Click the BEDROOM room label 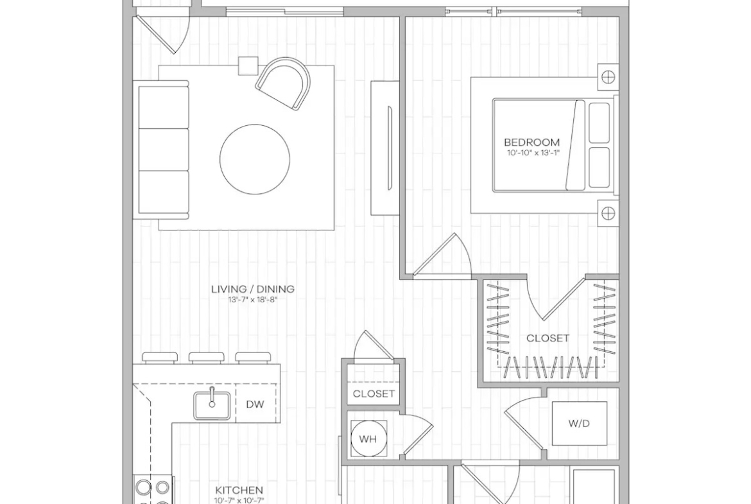(x=531, y=143)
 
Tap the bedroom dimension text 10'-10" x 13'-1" (x=533, y=153)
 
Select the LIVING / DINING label (x=253, y=289)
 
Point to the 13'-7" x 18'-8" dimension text (x=253, y=300)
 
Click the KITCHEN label (x=239, y=490)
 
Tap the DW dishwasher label (x=255, y=404)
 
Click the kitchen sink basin (x=212, y=405)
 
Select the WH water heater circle (x=368, y=439)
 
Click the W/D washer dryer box (x=580, y=424)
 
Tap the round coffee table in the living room (x=255, y=159)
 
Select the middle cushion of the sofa (x=163, y=149)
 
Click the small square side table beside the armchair (x=248, y=66)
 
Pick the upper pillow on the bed (x=599, y=123)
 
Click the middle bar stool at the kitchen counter (x=207, y=358)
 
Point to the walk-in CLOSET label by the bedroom (x=548, y=338)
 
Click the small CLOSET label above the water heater (x=374, y=394)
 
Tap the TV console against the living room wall (x=385, y=148)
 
